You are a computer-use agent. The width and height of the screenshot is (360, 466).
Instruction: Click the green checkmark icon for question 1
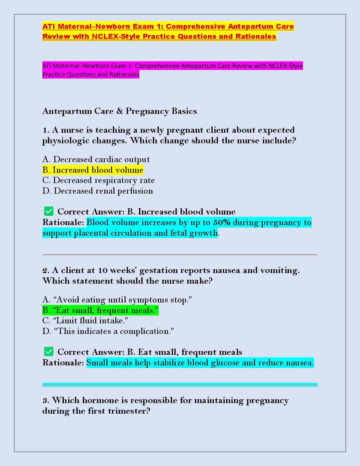coord(49,211)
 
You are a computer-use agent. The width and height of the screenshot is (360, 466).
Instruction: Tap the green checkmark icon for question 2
coord(49,352)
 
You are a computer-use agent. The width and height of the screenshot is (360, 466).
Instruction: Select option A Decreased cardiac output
coord(96,159)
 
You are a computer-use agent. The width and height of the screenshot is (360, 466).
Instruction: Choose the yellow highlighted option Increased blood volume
coord(93,170)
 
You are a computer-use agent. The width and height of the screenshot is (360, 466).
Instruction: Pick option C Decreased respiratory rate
coord(99,180)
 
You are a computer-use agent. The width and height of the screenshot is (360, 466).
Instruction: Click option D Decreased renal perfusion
coord(98,191)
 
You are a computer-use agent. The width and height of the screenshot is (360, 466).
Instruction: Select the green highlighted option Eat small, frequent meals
coord(100,310)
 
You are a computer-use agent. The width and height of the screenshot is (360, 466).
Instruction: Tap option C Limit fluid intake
coord(85,321)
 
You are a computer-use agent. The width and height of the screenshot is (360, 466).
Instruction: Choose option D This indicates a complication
coord(108,331)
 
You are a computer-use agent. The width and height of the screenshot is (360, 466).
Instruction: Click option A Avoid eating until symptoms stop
coord(117,300)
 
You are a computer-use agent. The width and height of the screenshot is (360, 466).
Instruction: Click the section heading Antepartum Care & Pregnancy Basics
coord(120,111)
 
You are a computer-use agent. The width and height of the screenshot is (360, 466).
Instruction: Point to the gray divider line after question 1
coord(180,254)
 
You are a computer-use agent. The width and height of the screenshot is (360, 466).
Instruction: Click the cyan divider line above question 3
coord(180,385)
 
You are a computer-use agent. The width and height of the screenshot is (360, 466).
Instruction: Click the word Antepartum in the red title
coord(246,26)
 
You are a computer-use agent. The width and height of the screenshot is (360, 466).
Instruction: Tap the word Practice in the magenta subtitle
coord(54,74)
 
